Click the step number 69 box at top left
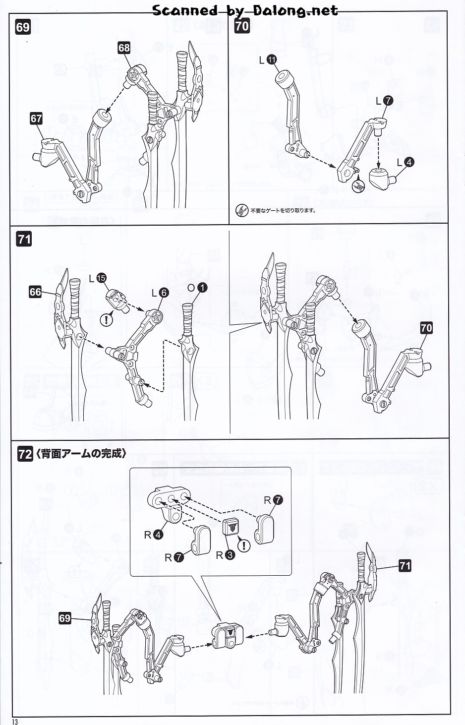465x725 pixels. (x=23, y=27)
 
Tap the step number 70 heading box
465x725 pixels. (x=241, y=25)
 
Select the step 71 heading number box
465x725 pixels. (x=24, y=239)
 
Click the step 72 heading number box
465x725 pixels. (x=25, y=453)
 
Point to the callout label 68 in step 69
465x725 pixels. (x=124, y=48)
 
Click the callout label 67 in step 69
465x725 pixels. (x=36, y=119)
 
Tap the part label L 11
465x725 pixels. (x=272, y=60)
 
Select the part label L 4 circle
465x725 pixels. (x=408, y=162)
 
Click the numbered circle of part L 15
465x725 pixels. (x=101, y=278)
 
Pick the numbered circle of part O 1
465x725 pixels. (x=202, y=287)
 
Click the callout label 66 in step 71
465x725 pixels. (x=35, y=292)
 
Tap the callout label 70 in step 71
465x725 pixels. (x=426, y=328)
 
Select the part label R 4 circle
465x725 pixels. (x=158, y=535)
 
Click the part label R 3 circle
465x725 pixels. (x=230, y=555)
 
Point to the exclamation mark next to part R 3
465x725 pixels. (x=244, y=545)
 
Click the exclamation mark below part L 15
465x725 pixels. (x=106, y=319)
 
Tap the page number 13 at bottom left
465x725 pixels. (x=15, y=722)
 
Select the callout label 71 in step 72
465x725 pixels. (x=405, y=565)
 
